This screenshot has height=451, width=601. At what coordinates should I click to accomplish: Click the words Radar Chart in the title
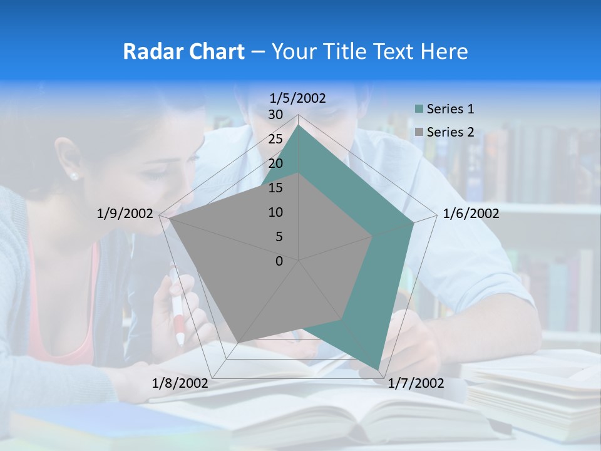pos(183,51)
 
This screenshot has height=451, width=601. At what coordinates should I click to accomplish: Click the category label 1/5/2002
pos(298,98)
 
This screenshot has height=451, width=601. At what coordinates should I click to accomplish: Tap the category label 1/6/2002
pos(471,214)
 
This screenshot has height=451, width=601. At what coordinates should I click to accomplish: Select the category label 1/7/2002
pos(416,383)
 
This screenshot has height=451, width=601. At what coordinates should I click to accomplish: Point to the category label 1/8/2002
pos(180,383)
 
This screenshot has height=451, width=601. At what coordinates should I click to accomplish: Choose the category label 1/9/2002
pos(125,214)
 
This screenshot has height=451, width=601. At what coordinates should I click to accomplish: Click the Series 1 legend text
pos(450,109)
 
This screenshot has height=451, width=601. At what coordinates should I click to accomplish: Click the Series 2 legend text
pos(450,132)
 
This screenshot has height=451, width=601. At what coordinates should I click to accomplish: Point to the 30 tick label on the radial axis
pos(275,115)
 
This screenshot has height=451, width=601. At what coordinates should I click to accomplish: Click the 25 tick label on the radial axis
pos(275,139)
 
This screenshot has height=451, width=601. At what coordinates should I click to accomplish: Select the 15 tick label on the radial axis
pos(275,188)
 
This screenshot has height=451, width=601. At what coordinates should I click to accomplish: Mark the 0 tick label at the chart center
pos(279,261)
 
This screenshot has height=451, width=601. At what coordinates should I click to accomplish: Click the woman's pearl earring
pos(74,176)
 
